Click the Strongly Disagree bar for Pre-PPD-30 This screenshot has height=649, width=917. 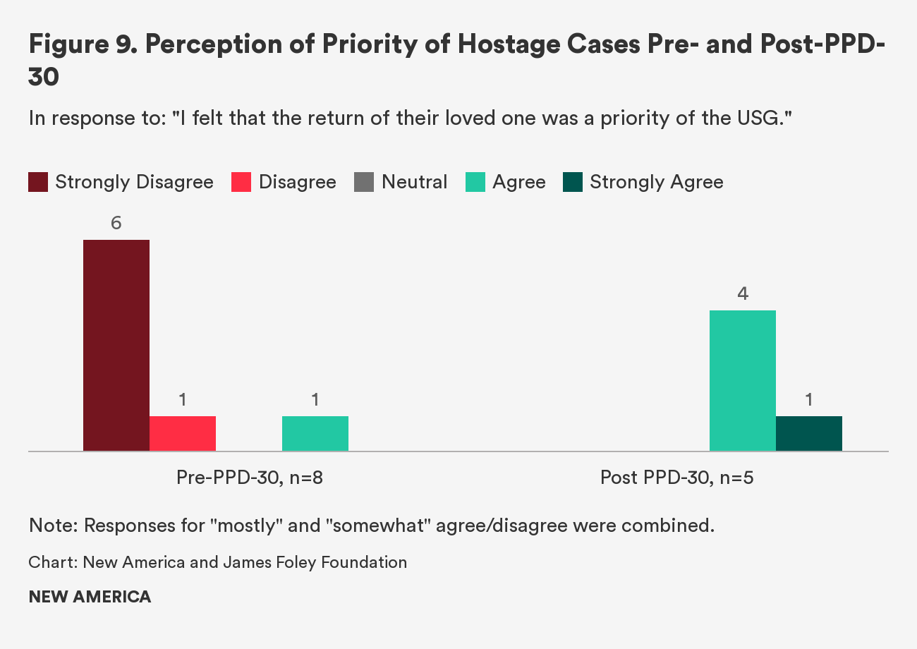[116, 345]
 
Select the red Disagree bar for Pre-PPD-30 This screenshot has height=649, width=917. [183, 433]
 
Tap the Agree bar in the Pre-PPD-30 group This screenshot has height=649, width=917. [315, 433]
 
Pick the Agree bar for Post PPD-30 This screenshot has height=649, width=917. [743, 380]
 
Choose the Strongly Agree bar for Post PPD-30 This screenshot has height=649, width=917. [809, 433]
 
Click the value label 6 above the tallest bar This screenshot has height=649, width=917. [116, 224]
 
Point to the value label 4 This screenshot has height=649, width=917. [743, 294]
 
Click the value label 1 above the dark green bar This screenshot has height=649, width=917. [809, 400]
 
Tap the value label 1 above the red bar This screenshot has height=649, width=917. [183, 400]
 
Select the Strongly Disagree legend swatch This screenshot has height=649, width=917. [38, 182]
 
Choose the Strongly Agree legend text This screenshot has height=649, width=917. [656, 182]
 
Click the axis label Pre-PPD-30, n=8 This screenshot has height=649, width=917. [250, 478]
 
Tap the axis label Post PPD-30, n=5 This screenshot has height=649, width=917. [676, 478]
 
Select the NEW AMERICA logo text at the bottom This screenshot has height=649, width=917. [90, 597]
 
